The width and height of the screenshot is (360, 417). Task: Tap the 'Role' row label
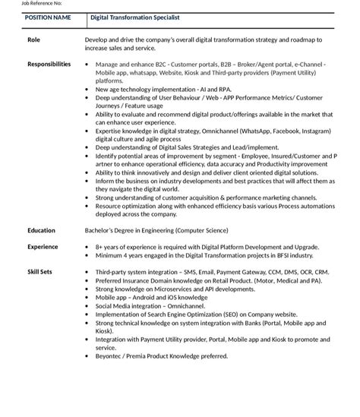pos(33,39)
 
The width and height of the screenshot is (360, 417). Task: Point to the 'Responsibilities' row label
pos(49,65)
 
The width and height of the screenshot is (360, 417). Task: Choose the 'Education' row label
pos(41,230)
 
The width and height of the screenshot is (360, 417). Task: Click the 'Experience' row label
pos(43,247)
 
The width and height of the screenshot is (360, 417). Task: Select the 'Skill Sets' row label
pos(40,272)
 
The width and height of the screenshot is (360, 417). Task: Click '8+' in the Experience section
pos(99,247)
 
